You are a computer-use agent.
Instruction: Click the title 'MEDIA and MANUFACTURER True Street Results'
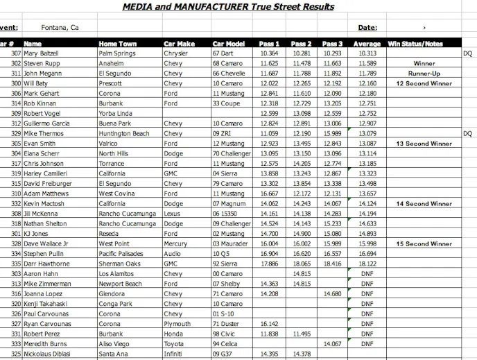coord(228,7)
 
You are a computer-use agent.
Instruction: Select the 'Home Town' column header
coord(118,44)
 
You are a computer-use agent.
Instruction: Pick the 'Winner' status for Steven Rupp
coord(424,63)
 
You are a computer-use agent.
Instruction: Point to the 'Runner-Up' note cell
coord(424,73)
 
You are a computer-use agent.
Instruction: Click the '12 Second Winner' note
coord(424,83)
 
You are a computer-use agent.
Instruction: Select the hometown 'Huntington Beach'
coord(124,133)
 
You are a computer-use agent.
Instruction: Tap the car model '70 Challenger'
coord(232,153)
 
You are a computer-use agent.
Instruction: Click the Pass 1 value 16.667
coord(269,194)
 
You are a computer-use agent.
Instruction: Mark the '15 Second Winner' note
coord(424,244)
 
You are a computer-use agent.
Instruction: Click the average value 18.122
coord(367,264)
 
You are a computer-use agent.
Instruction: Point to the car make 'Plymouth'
coord(176,324)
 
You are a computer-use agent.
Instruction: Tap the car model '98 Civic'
coord(225,334)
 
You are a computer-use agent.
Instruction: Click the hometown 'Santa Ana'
coord(114,354)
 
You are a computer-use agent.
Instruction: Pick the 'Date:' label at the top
coord(367,28)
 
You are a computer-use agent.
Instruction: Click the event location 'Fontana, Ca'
coord(60,28)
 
